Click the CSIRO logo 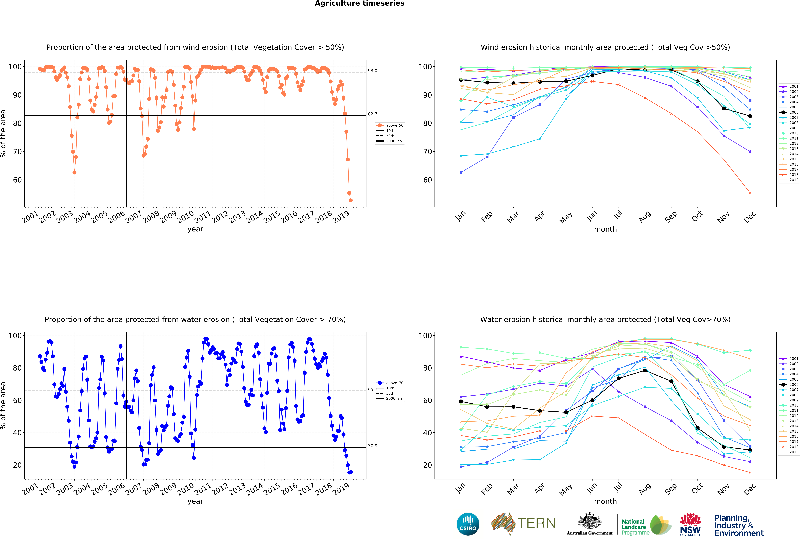click(468, 524)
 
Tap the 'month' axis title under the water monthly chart click(605, 501)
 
